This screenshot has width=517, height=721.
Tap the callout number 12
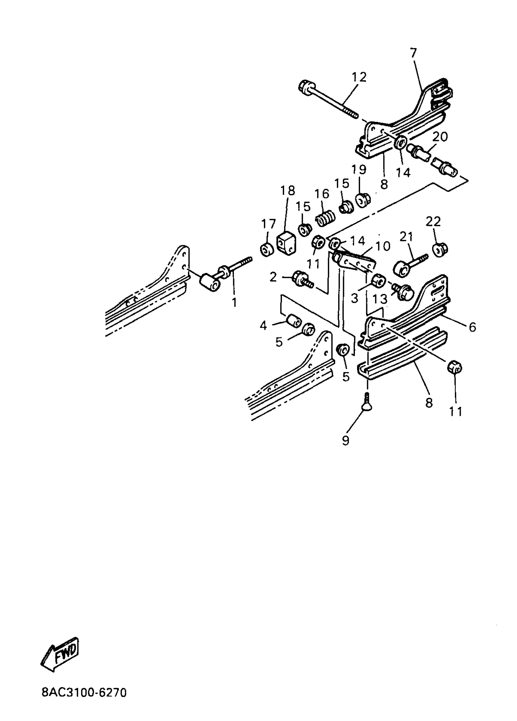coord(359,77)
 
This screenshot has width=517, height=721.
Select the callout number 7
coord(413,53)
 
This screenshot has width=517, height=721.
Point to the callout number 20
coord(440,137)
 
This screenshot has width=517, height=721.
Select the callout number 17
coord(269,224)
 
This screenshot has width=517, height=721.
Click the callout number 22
coord(433,221)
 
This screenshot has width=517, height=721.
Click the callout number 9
coord(345,440)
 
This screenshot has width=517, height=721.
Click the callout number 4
coord(263,326)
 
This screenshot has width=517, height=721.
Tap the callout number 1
coord(234,303)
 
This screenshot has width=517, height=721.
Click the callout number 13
coord(380,298)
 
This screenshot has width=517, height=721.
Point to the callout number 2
coord(273,277)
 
